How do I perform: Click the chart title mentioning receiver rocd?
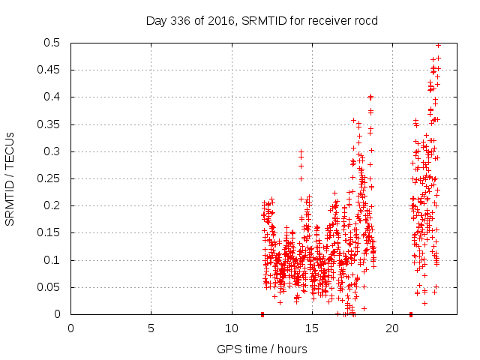tap(262, 20)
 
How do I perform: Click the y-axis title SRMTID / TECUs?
tap(10, 178)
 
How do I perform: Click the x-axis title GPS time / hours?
tap(262, 349)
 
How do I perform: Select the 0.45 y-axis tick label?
tap(51, 70)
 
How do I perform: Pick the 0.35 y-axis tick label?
tap(51, 124)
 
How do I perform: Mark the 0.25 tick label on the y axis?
tap(51, 178)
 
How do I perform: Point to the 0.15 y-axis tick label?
tap(51, 232)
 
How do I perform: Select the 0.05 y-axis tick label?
tap(51, 287)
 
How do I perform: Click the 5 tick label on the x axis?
tap(151, 328)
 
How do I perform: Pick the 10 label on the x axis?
tap(231, 328)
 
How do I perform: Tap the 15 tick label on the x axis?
tap(312, 328)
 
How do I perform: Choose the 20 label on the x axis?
tap(392, 328)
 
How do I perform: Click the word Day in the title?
tap(155, 20)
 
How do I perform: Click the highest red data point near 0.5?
tap(438, 45)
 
